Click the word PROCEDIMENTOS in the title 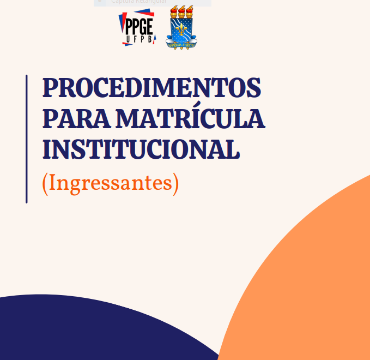pyautogui.click(x=151, y=88)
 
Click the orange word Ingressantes pyautogui.click(x=110, y=184)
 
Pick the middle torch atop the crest pyautogui.click(x=181, y=12)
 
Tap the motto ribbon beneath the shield pyautogui.click(x=181, y=46)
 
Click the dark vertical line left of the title pyautogui.click(x=26, y=139)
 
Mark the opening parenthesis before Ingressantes pyautogui.click(x=45, y=184)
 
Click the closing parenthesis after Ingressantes pyautogui.click(x=175, y=184)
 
